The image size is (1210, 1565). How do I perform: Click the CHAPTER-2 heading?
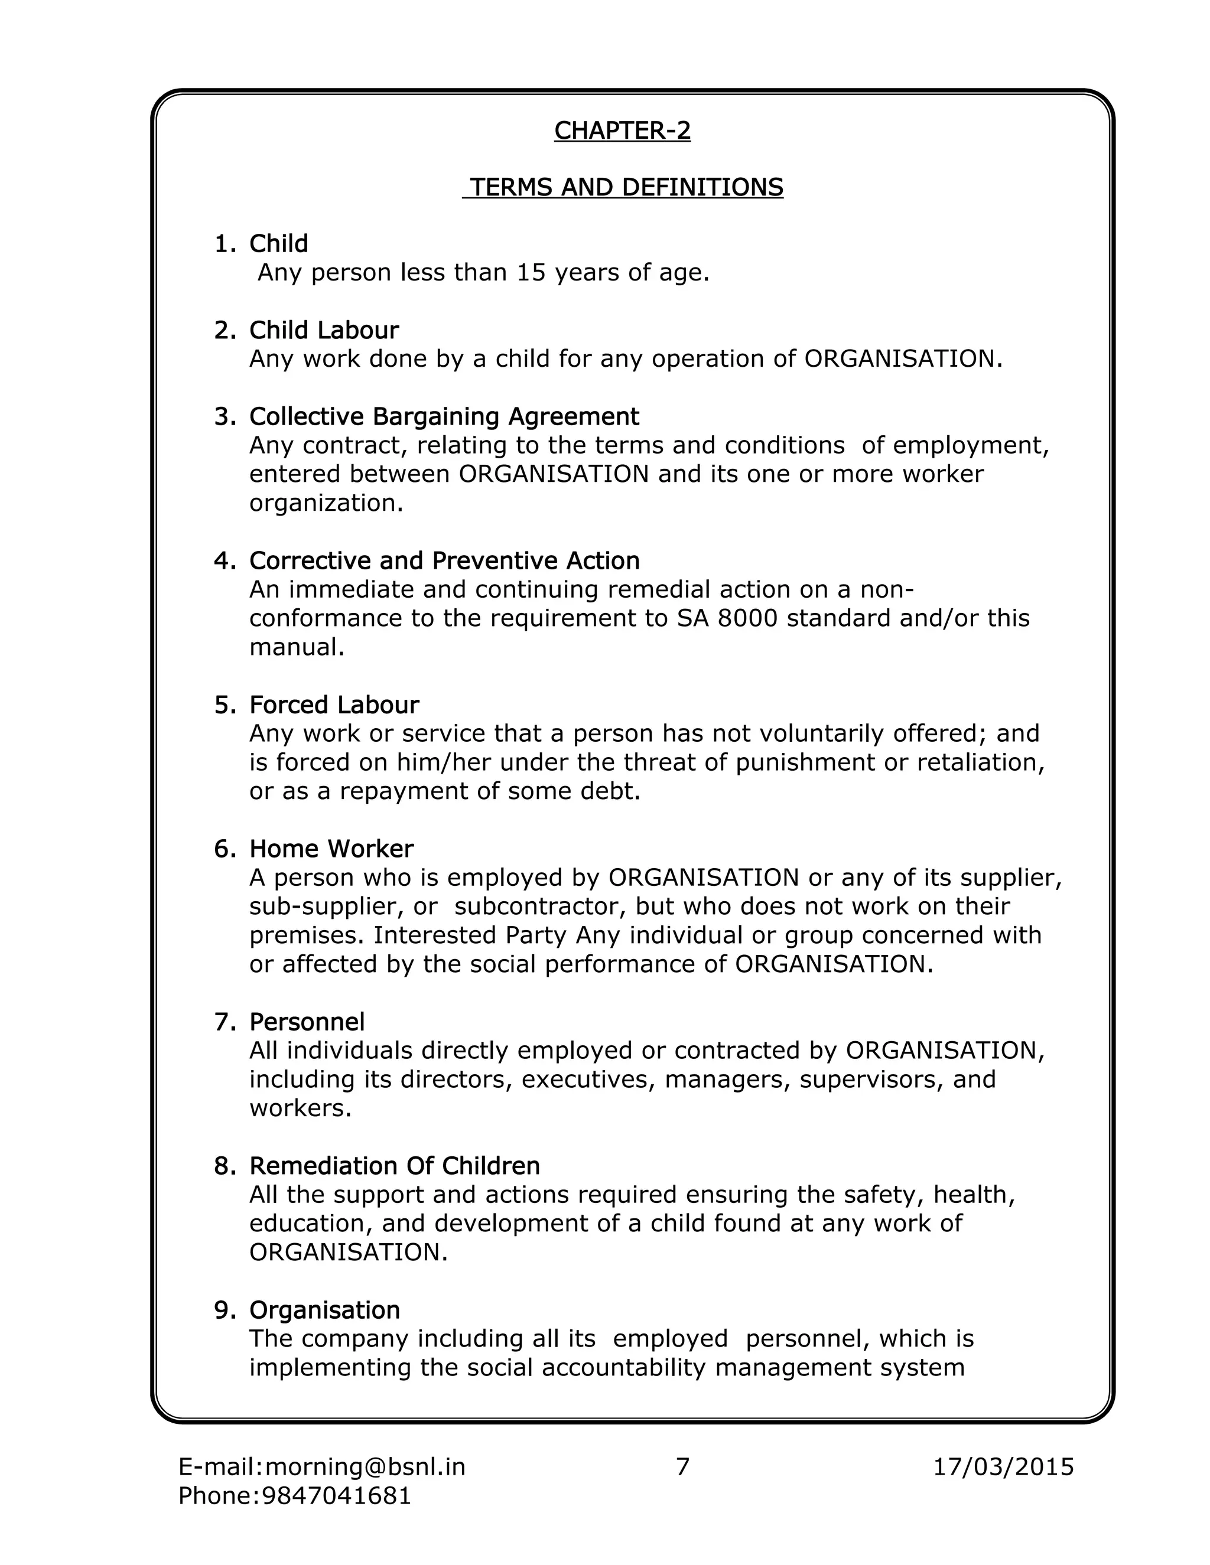click(622, 131)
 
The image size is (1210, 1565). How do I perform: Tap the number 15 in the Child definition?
click(531, 272)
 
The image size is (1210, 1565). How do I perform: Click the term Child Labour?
click(323, 330)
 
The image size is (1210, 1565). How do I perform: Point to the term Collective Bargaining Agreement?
click(444, 416)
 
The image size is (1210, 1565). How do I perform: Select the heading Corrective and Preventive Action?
click(444, 560)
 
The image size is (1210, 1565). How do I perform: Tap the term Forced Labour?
click(333, 705)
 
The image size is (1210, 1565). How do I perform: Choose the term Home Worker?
click(331, 849)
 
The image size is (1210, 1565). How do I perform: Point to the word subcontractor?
click(535, 906)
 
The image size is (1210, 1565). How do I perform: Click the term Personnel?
click(307, 1021)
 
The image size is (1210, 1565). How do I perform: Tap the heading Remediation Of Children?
click(394, 1166)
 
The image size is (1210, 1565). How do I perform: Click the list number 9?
click(224, 1310)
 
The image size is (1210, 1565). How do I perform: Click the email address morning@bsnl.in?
click(366, 1467)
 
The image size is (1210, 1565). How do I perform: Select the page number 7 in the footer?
click(682, 1467)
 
